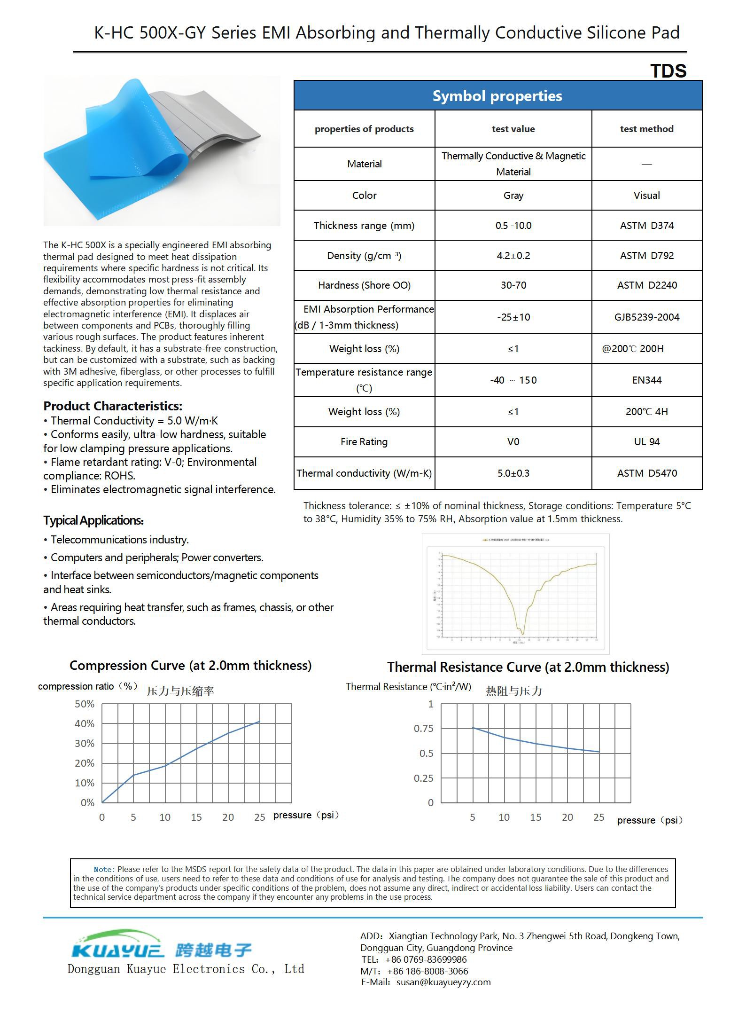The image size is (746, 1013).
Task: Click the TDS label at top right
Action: point(668,71)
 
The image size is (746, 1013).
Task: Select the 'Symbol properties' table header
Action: point(497,96)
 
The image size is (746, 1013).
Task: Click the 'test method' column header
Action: point(646,129)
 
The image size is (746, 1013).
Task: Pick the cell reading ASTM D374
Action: point(646,226)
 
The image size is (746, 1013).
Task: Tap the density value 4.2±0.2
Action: point(513,256)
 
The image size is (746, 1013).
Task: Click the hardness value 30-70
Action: point(513,285)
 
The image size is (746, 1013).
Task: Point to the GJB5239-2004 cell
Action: point(646,317)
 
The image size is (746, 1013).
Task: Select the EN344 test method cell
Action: point(646,380)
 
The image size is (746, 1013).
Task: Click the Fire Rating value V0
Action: point(513,442)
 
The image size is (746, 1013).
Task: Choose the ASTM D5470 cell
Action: point(646,473)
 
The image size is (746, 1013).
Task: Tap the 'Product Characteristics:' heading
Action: point(113,406)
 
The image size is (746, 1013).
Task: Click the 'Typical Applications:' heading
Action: point(93,520)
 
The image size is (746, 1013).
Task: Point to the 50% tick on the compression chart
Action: point(85,704)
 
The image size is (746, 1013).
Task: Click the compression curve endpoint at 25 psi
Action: point(259,722)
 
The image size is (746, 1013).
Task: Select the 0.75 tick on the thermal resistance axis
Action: point(423,729)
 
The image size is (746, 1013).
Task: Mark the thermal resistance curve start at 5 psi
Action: point(473,728)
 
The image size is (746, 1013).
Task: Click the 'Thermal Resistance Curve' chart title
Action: point(528,667)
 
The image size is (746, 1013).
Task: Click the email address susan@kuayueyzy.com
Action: point(443,982)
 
